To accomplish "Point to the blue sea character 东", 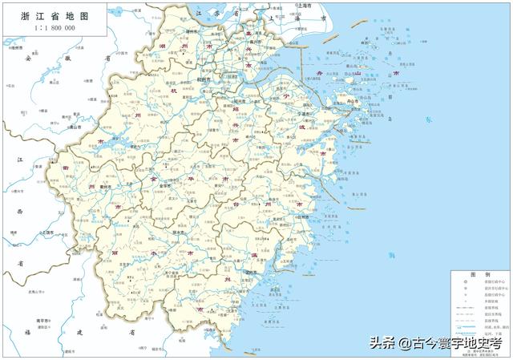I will click(x=428, y=119).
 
